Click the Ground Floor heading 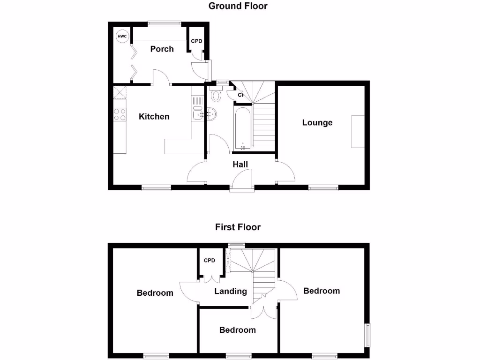(238, 6)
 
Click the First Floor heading (238, 227)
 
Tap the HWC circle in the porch (122, 37)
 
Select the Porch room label (162, 49)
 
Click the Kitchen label (154, 116)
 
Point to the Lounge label (317, 122)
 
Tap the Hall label (240, 164)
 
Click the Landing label (231, 291)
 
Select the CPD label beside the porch (196, 41)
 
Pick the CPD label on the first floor (209, 261)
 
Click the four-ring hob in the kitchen (120, 114)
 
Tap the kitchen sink (197, 113)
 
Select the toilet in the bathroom (216, 96)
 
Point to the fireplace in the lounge (358, 131)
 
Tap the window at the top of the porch (164, 22)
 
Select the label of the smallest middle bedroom (238, 330)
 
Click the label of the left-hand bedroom (155, 293)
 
